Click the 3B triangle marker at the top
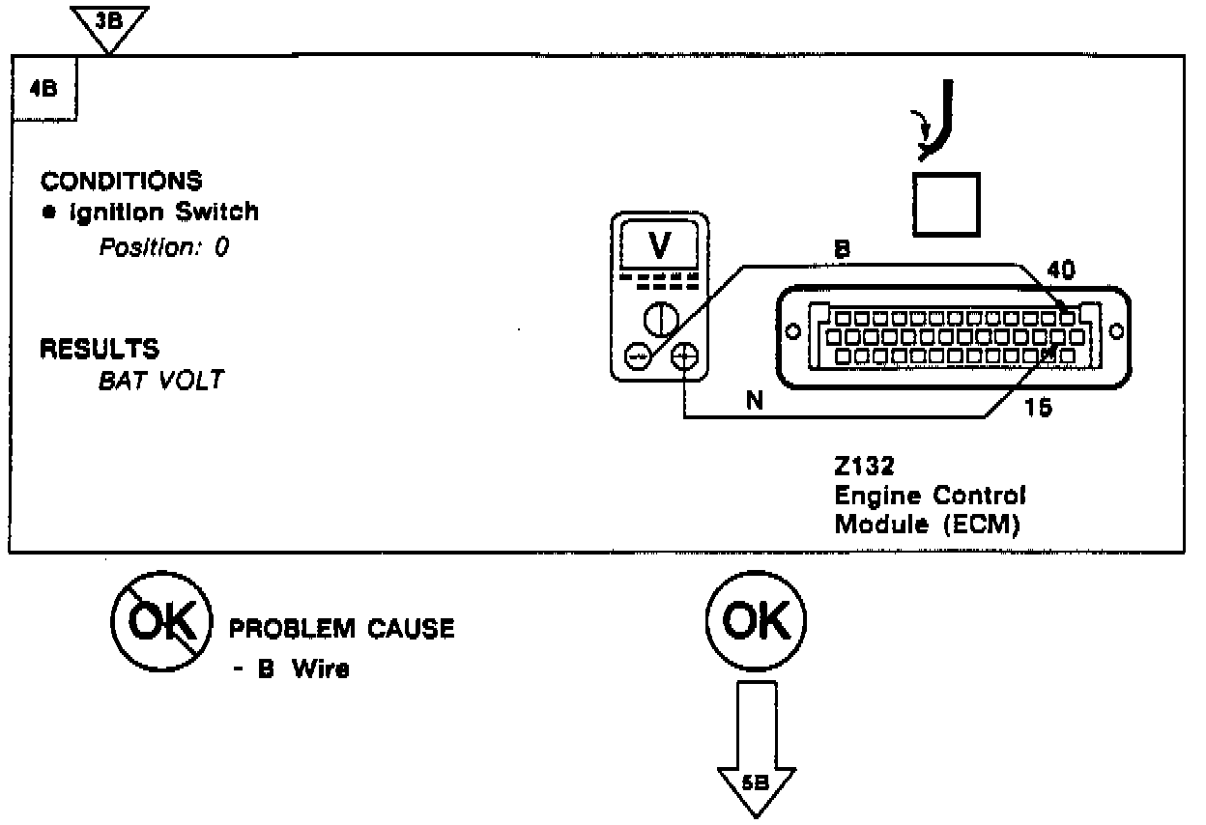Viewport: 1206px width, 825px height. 110,21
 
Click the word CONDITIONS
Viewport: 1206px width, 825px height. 122,181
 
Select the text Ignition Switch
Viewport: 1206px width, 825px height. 163,212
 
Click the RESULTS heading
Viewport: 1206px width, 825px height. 100,348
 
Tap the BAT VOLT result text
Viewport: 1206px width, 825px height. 160,380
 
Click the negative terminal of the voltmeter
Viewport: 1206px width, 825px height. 637,357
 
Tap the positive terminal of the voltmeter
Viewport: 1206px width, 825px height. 683,357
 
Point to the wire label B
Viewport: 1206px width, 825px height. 842,248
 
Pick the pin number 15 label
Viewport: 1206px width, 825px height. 1038,407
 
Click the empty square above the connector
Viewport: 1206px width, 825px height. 947,204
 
